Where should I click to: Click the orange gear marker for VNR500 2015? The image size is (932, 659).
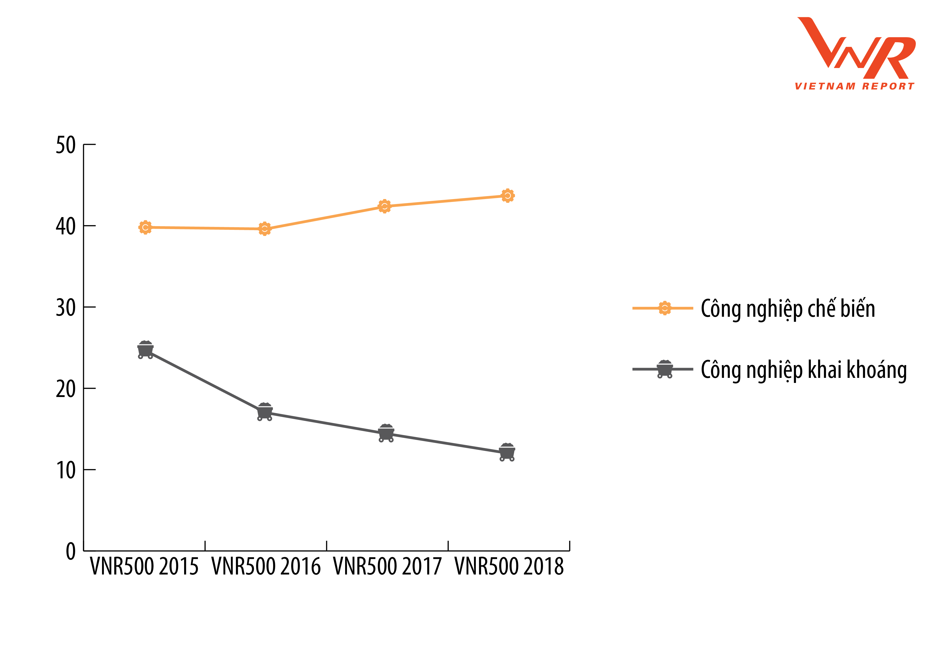145,227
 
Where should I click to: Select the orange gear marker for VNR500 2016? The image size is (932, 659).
265,229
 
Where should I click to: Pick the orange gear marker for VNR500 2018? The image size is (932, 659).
507,196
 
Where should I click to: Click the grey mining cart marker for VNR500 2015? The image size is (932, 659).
145,350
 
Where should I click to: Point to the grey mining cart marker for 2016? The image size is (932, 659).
265,412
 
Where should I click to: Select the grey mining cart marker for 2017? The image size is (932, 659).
386,433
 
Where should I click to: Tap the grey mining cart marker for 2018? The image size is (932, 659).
507,452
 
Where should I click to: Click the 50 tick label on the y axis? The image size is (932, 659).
66,145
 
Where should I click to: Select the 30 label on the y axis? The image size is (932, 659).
66,307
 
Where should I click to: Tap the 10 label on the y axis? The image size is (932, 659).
66,470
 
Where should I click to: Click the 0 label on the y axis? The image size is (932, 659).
71,551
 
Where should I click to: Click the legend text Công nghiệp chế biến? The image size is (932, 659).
787,309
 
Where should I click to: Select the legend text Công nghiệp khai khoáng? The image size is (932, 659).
804,370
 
